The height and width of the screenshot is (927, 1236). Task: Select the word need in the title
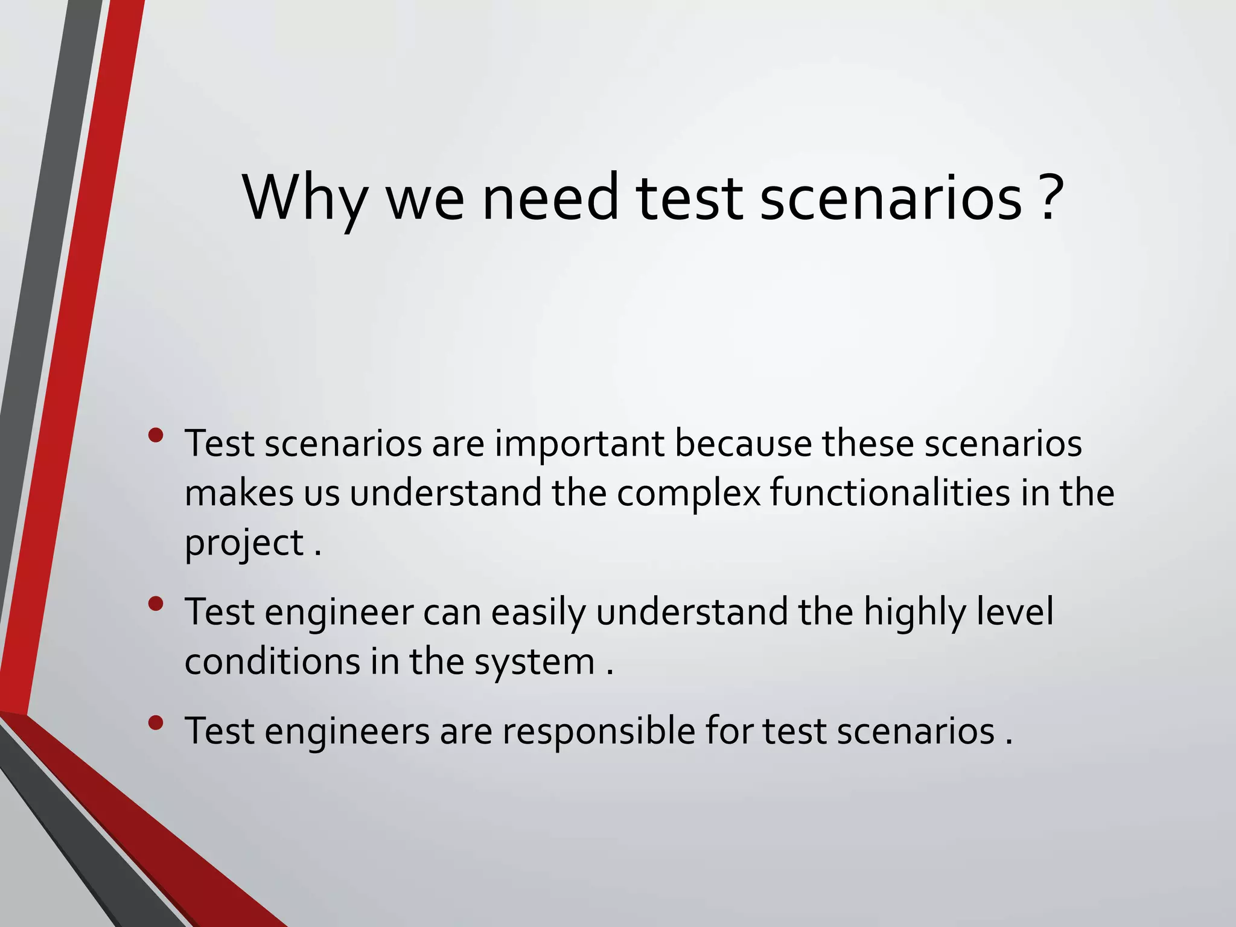click(x=550, y=197)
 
